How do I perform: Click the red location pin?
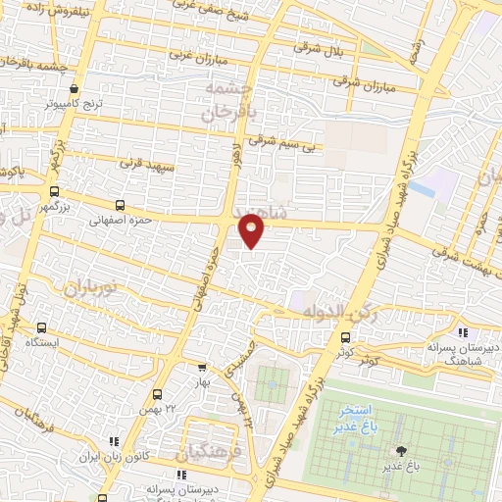coord(253,228)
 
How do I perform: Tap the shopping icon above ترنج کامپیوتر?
coord(75,88)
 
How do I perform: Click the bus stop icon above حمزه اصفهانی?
coord(120,206)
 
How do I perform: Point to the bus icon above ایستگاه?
coord(42,329)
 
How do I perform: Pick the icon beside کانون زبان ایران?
coord(114,443)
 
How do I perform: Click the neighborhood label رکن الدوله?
coord(333,312)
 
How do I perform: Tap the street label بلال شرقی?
coord(315,49)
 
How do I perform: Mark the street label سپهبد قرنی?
coord(147,162)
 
